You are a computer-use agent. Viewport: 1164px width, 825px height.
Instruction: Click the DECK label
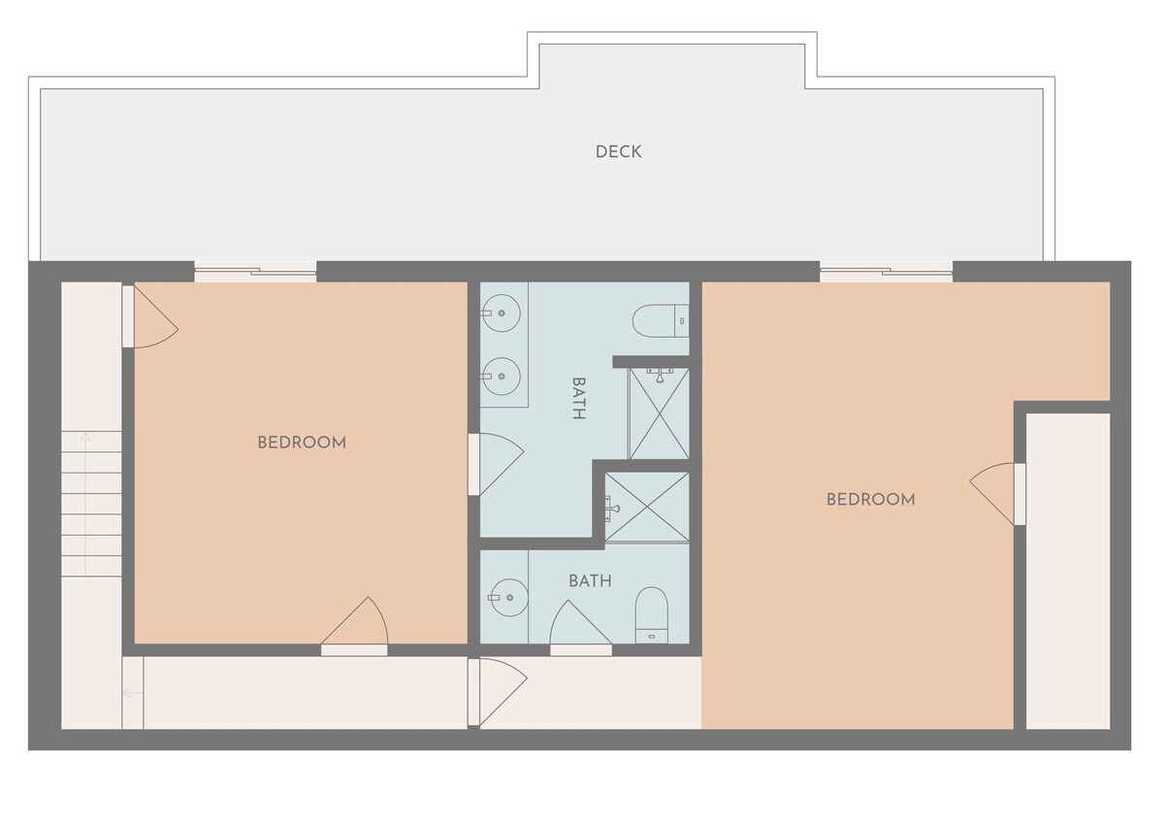click(x=618, y=151)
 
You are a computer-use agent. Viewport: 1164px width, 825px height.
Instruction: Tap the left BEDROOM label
click(x=302, y=443)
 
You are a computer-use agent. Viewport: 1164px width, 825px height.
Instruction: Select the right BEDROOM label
click(x=871, y=500)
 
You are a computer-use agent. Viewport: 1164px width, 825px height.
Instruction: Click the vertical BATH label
click(x=579, y=398)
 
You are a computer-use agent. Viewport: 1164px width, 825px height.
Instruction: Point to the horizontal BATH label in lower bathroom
click(x=590, y=580)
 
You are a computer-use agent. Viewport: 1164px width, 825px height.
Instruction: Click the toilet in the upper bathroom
click(x=661, y=320)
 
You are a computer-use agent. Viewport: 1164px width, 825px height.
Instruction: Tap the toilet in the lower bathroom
click(x=652, y=615)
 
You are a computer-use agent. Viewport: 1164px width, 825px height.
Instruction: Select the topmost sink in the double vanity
click(x=501, y=313)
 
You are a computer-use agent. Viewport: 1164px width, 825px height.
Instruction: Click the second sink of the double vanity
click(x=501, y=377)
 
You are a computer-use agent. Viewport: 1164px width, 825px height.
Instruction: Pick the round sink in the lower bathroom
click(x=508, y=598)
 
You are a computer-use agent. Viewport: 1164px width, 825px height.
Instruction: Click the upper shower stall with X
click(x=660, y=413)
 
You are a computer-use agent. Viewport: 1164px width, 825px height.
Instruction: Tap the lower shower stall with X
click(x=647, y=507)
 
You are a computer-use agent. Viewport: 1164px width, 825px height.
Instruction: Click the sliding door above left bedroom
click(x=255, y=272)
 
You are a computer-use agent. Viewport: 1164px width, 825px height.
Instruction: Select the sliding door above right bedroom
click(x=886, y=272)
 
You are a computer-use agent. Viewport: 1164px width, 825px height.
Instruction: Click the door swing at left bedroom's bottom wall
click(x=355, y=625)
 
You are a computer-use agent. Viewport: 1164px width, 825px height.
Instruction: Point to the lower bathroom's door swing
click(x=580, y=627)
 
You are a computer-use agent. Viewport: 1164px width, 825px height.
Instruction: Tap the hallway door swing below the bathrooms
click(x=498, y=692)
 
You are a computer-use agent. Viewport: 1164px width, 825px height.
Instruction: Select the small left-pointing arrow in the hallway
click(x=133, y=693)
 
